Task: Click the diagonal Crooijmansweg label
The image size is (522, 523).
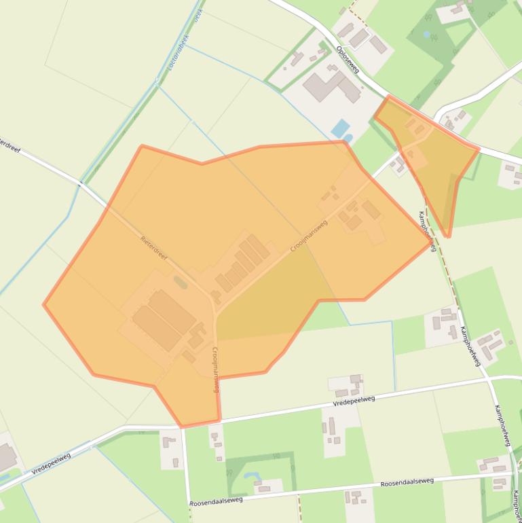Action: pyautogui.click(x=309, y=236)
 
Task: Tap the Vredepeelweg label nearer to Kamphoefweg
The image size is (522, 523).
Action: pyautogui.click(x=354, y=401)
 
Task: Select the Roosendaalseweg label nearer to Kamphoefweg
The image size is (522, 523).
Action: pyautogui.click(x=407, y=483)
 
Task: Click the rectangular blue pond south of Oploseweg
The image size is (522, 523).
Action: pyautogui.click(x=340, y=128)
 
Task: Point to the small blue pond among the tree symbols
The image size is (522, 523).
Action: pyautogui.click(x=426, y=34)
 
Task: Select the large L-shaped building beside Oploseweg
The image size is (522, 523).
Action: pyautogui.click(x=331, y=86)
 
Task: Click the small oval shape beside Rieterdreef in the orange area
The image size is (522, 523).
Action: pyautogui.click(x=180, y=281)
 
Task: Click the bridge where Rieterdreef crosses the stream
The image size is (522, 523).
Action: pyautogui.click(x=81, y=183)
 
